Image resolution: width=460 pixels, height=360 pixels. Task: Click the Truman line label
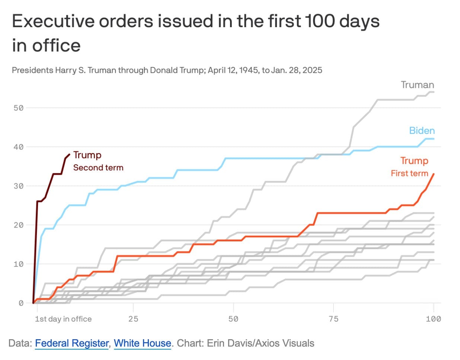point(417,85)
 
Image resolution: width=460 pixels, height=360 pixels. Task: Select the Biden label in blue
point(422,131)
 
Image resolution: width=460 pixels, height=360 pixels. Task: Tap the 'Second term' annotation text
point(98,168)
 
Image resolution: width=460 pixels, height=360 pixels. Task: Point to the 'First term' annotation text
point(409,173)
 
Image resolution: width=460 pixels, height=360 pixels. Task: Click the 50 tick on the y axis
point(19,108)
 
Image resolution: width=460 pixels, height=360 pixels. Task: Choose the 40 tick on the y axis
point(19,147)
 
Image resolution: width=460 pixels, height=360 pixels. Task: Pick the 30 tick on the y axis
point(19,186)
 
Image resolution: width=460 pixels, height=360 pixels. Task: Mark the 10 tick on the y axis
point(19,264)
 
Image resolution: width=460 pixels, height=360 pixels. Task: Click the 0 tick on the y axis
point(21,303)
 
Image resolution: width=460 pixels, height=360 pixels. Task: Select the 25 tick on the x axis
point(133,319)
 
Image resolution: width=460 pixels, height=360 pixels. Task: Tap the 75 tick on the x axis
point(333,319)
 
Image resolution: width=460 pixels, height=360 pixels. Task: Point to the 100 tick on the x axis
point(433,319)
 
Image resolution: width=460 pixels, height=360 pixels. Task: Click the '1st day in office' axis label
point(63,319)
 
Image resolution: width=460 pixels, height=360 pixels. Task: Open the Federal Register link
point(72,343)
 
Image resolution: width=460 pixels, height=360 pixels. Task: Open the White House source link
point(142,343)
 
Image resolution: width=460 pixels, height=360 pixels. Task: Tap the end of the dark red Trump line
point(70,154)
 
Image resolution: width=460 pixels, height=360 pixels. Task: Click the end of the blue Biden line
point(434,139)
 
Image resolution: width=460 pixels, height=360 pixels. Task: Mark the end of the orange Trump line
point(434,174)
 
